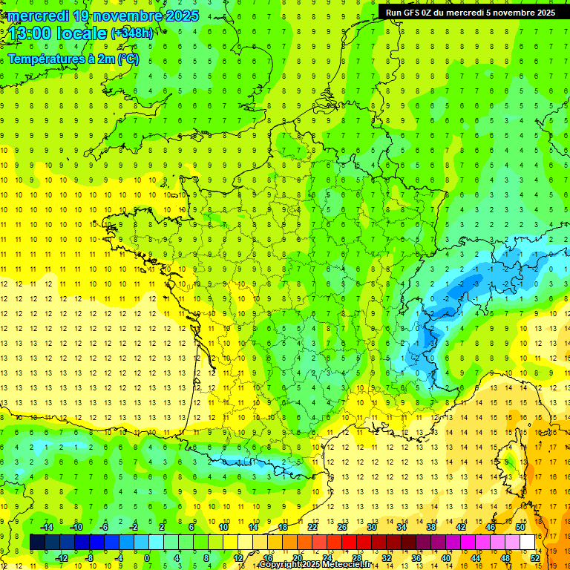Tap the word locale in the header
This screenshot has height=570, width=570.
(x=83, y=33)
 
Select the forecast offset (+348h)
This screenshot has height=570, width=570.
(x=132, y=33)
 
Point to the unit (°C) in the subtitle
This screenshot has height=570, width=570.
(x=128, y=59)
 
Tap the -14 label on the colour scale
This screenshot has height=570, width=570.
(x=47, y=527)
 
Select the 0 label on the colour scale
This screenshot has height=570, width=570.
(x=147, y=558)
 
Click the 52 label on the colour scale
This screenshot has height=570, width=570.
(x=535, y=558)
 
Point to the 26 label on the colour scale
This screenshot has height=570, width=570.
(x=341, y=527)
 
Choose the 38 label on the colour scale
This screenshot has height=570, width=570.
(x=431, y=527)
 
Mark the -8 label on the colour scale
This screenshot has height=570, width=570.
(x=90, y=558)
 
